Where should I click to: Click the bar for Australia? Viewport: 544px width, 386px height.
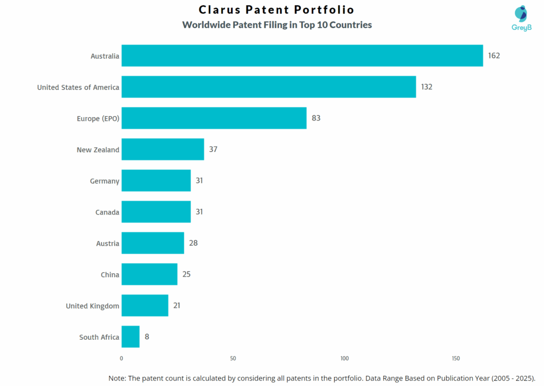coord(302,56)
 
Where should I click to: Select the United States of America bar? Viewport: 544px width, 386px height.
coord(268,87)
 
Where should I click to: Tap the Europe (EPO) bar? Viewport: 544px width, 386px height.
coord(214,118)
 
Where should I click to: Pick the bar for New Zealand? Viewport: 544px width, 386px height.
coord(163,149)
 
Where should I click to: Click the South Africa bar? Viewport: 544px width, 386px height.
coord(130,337)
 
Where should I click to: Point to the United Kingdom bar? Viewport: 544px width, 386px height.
coord(144,305)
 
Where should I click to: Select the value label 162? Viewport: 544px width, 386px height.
coord(494,56)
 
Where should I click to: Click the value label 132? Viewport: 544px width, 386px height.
coord(427,87)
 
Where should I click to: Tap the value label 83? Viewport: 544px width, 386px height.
coord(316,118)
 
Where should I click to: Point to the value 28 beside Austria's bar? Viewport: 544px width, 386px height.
coord(193,243)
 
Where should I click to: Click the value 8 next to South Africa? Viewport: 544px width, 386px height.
coord(147,337)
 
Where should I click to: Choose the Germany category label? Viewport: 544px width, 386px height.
coord(105,181)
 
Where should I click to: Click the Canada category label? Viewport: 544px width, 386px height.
coord(107,212)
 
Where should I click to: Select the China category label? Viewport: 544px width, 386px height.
coord(110,275)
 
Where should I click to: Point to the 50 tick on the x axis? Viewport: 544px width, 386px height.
coord(233,358)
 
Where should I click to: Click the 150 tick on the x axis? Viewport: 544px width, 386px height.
coord(456,358)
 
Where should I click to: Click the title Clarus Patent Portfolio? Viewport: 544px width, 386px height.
coord(276,10)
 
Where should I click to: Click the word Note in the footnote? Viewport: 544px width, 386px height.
coord(118,378)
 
